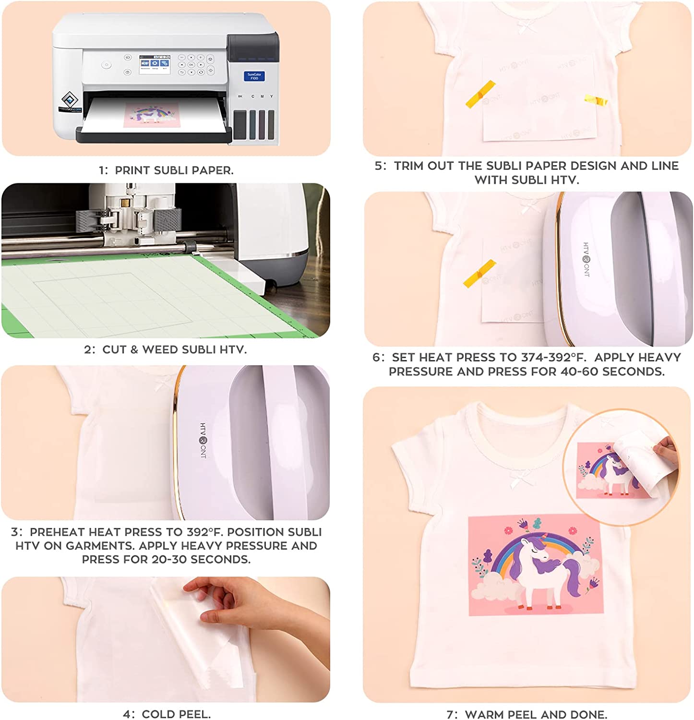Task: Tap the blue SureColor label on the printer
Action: pyautogui.click(x=254, y=76)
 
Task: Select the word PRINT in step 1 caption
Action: pyautogui.click(x=133, y=170)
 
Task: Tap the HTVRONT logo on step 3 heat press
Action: pyautogui.click(x=203, y=441)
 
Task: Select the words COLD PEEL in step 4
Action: pyautogui.click(x=176, y=714)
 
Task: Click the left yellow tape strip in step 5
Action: pyautogui.click(x=480, y=94)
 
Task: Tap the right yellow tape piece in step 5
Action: pyautogui.click(x=596, y=100)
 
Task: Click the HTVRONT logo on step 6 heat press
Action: pyautogui.click(x=586, y=260)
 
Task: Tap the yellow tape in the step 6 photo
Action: pyautogui.click(x=479, y=274)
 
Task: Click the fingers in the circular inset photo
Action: pyautogui.click(x=666, y=452)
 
